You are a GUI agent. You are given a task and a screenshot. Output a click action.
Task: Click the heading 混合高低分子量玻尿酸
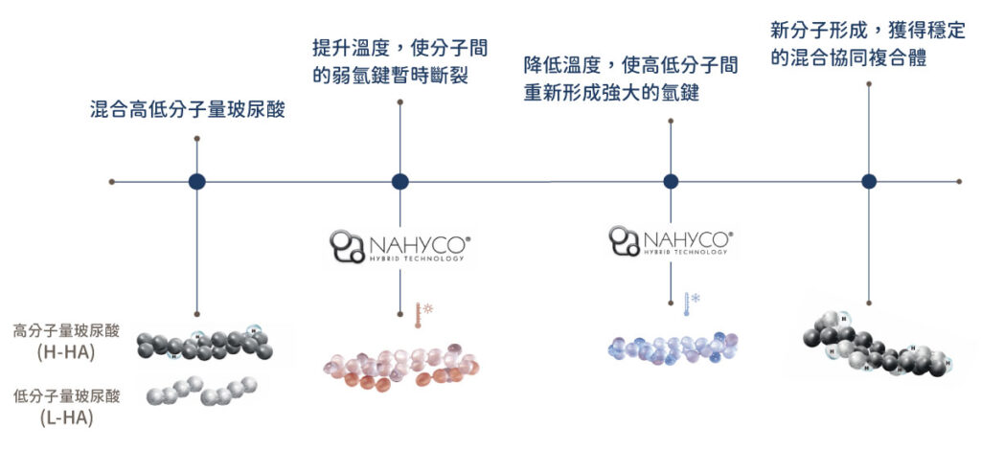point(189,111)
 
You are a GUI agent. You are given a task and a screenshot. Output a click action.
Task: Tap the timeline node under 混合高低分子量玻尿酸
point(197,181)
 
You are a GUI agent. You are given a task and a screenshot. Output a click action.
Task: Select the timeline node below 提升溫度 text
point(400,181)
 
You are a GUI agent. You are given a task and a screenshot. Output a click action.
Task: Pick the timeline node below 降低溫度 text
point(671,181)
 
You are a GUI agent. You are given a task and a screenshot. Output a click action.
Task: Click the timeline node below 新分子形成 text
point(868,181)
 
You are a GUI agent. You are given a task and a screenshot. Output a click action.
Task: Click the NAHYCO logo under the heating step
point(401,246)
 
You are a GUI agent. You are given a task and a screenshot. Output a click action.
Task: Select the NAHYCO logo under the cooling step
point(671,241)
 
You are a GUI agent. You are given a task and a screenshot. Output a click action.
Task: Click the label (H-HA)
point(66,352)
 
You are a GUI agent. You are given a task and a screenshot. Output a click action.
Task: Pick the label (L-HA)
point(66,417)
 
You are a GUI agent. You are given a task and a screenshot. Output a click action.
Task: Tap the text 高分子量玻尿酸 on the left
point(66,331)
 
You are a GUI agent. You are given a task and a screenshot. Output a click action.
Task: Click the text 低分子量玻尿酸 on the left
point(66,395)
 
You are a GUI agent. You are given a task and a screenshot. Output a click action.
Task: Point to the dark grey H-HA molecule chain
point(206,344)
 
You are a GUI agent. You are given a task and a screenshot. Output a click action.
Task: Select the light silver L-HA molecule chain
point(201,391)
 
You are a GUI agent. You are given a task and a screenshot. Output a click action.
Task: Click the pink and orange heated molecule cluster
point(401,367)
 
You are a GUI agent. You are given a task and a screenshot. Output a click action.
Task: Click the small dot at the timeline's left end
point(112,182)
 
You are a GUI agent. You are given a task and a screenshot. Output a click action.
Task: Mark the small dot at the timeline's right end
point(959,181)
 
